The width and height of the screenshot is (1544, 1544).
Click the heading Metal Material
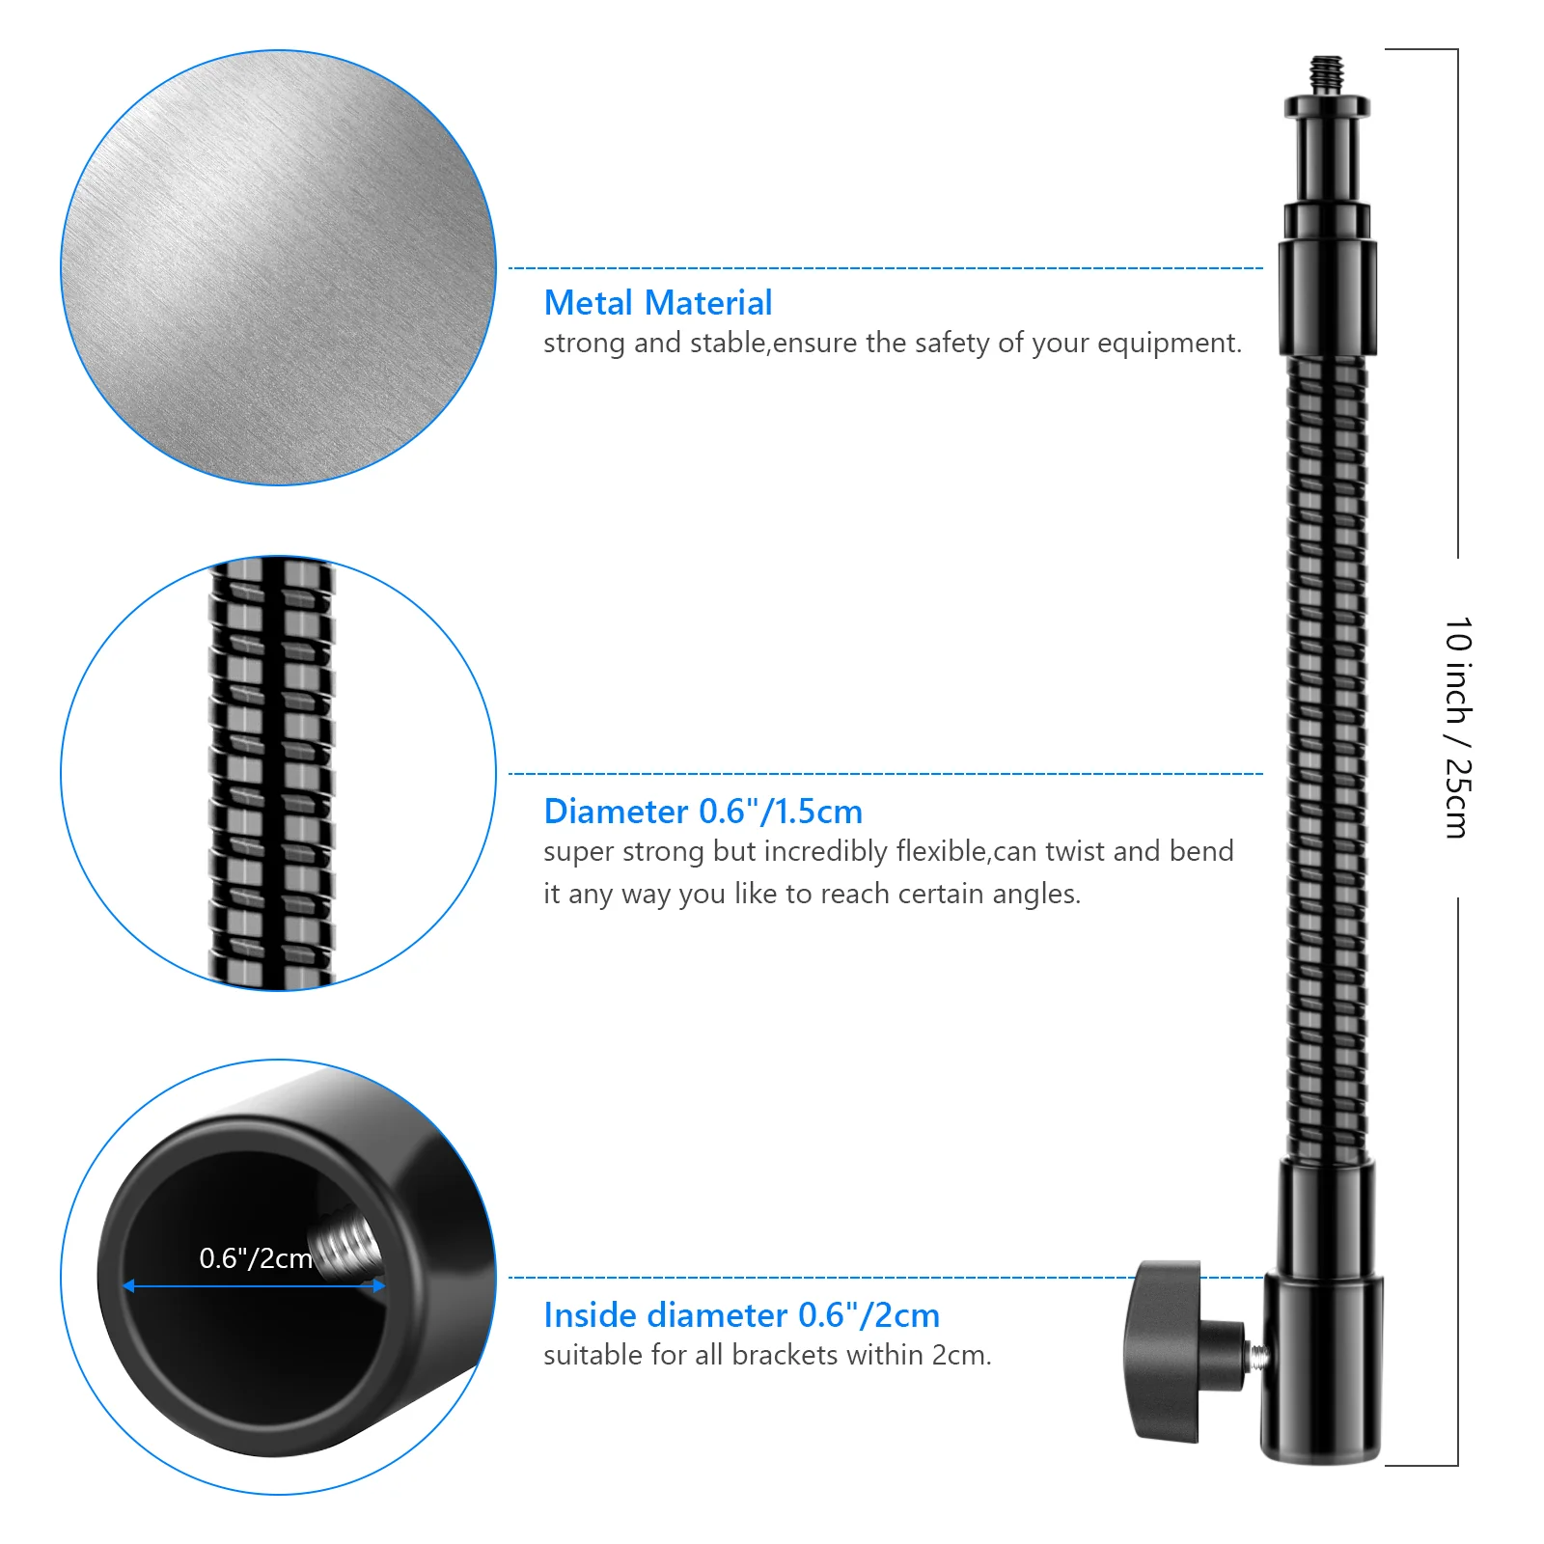(x=657, y=303)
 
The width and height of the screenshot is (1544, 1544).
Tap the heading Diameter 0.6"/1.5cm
(x=703, y=812)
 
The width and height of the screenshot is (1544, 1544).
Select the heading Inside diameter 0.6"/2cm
(x=741, y=1315)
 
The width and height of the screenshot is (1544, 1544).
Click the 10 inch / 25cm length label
(x=1457, y=728)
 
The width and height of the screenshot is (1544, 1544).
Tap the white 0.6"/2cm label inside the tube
(x=255, y=1258)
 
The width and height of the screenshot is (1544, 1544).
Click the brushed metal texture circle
(x=278, y=267)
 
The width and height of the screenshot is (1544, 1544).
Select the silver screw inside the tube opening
(x=346, y=1245)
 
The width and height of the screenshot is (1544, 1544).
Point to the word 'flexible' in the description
(x=941, y=851)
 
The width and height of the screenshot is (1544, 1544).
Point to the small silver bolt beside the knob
(x=1258, y=1356)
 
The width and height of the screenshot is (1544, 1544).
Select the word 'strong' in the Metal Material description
(x=584, y=344)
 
